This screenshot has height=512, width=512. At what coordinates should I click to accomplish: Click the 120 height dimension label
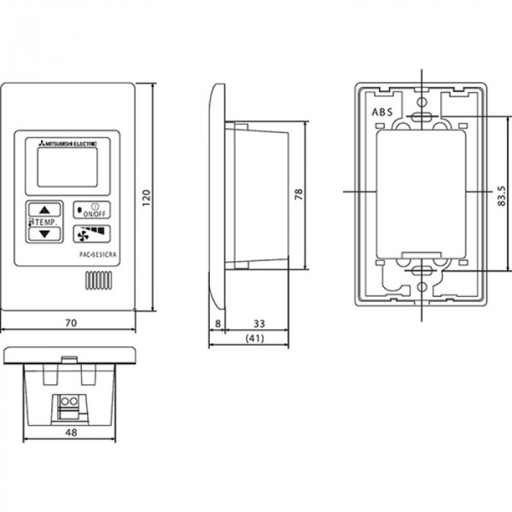click(146, 197)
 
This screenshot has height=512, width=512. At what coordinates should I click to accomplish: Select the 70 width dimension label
click(71, 323)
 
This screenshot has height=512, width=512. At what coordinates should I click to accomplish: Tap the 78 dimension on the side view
click(298, 194)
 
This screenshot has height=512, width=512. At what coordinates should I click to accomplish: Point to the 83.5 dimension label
click(502, 196)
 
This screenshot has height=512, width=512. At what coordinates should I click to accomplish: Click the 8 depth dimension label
click(218, 323)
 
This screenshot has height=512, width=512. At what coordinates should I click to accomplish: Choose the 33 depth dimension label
click(259, 323)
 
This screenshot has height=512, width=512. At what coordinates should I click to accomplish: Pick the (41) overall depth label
click(255, 338)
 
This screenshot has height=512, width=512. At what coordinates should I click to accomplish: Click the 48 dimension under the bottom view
click(71, 432)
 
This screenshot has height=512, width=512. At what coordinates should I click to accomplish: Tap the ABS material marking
click(382, 112)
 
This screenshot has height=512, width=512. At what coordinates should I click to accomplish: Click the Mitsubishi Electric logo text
click(68, 143)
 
